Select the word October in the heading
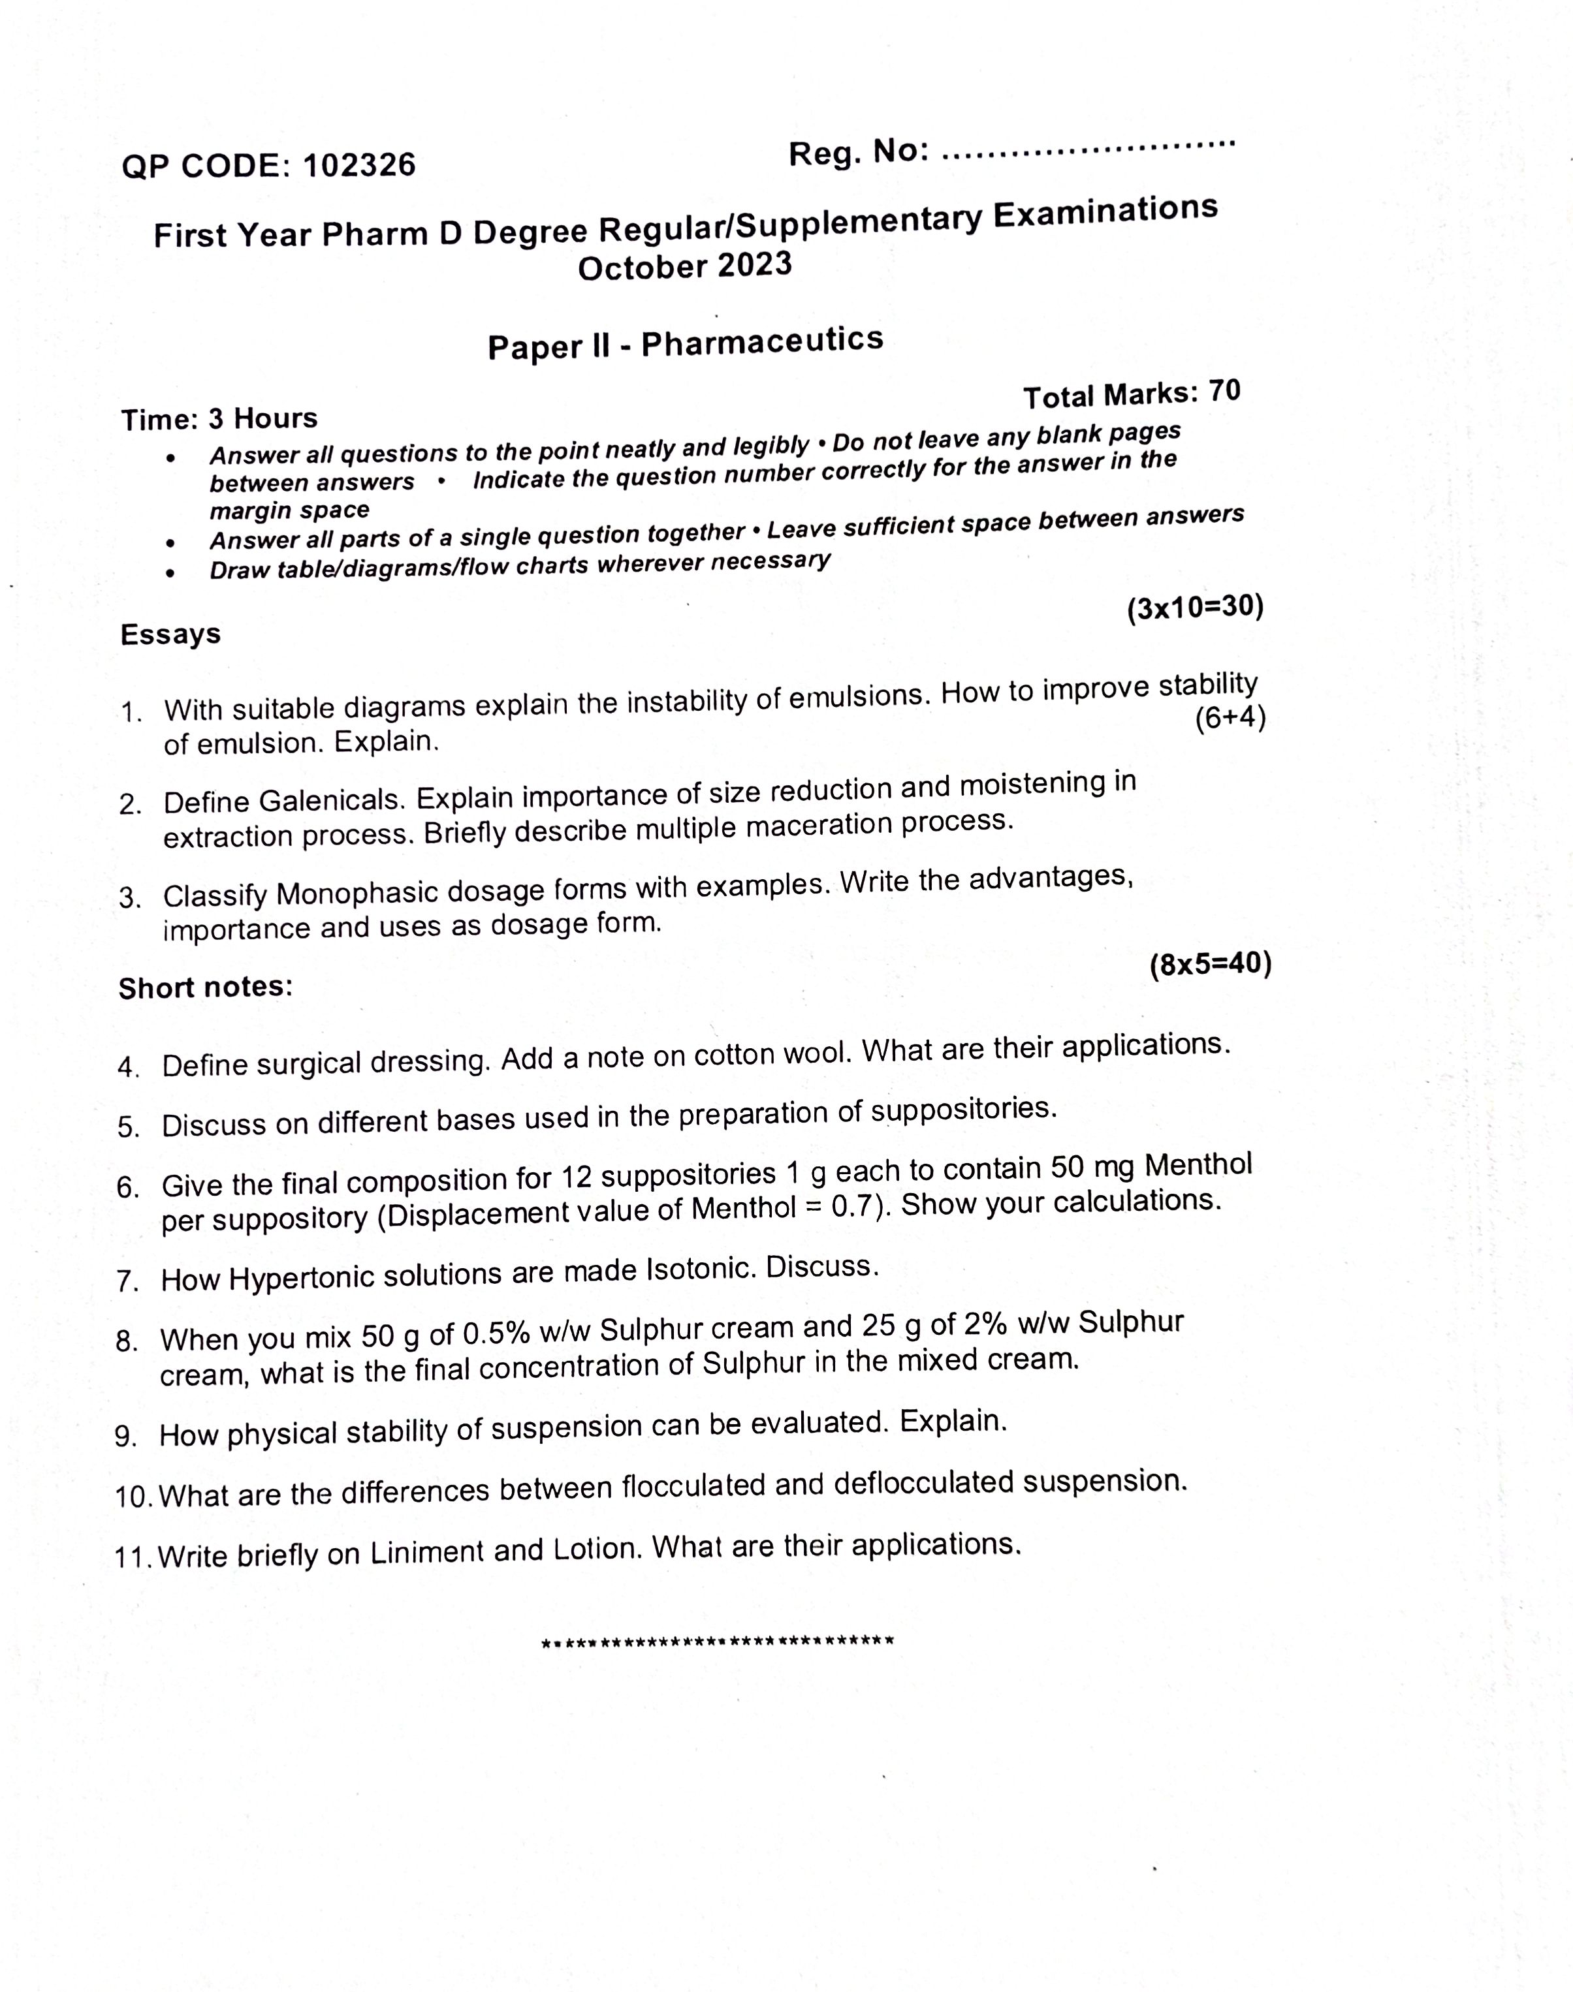(x=642, y=268)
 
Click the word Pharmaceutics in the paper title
(x=761, y=341)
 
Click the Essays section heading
(x=170, y=634)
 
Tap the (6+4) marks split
(x=1230, y=718)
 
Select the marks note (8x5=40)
(x=1210, y=965)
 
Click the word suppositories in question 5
(x=963, y=1110)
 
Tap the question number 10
(x=134, y=1497)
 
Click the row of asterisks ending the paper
(x=718, y=1642)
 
